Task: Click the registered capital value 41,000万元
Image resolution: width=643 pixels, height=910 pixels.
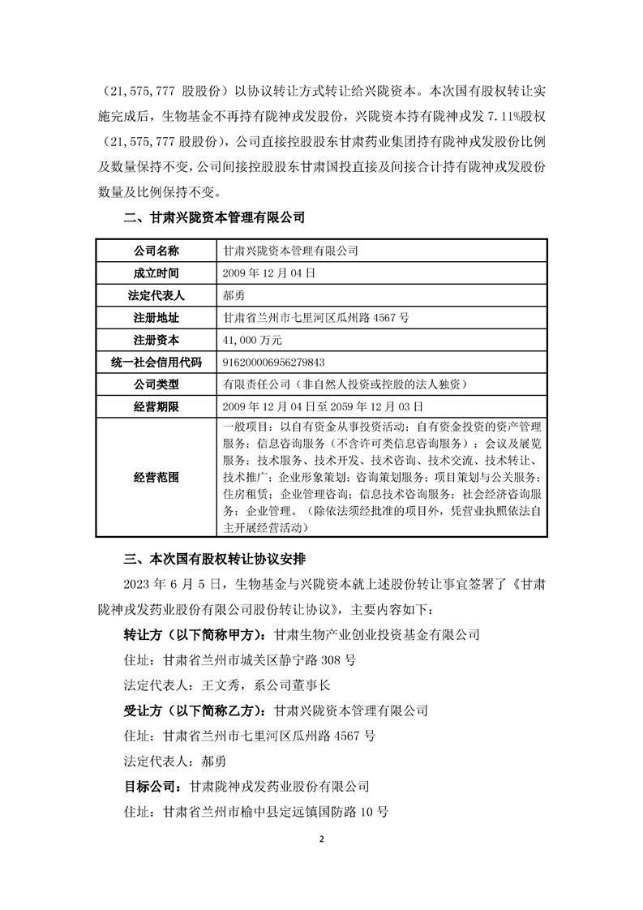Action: coord(251,340)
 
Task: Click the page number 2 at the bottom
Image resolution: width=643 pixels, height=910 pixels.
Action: coord(322,839)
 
